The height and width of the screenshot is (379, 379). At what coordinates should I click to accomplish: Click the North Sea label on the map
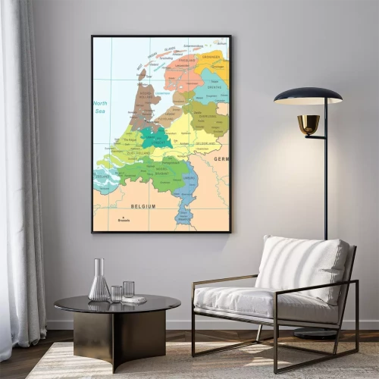click(x=100, y=106)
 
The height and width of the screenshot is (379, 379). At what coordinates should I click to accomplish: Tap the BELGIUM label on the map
click(x=143, y=206)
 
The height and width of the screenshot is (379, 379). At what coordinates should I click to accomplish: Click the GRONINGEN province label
click(x=211, y=57)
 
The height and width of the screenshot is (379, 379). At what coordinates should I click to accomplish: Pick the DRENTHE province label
click(x=215, y=86)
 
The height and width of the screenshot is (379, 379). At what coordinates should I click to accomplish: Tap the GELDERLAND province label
click(x=205, y=143)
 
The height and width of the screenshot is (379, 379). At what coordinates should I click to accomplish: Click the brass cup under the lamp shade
click(x=308, y=124)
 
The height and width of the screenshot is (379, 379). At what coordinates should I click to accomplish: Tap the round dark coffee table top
click(x=117, y=304)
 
